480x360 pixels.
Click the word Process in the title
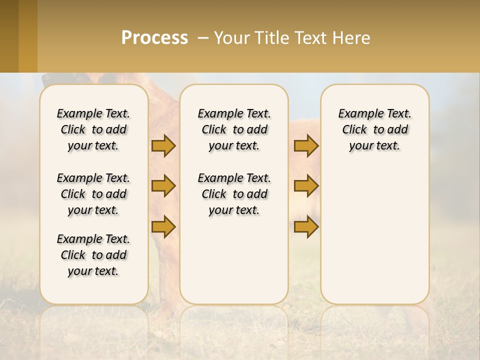154,37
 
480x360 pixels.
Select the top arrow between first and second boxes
163,146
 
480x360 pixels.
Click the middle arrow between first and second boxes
163,186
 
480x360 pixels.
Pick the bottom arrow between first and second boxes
163,227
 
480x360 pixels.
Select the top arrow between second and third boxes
306,146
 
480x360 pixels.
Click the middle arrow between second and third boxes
306,186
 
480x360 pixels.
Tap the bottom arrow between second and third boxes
306,227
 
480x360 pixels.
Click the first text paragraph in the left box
93,129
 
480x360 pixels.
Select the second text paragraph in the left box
93,194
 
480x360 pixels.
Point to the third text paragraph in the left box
93,255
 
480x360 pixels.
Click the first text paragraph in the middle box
234,129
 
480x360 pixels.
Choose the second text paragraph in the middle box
234,194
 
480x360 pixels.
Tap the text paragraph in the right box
374,129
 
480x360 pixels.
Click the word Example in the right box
356,113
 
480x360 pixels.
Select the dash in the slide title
203,38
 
